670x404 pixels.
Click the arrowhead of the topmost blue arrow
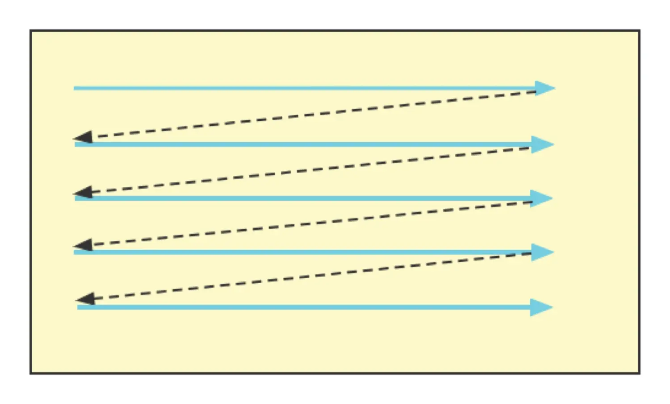(x=545, y=88)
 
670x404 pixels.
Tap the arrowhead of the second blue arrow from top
(x=543, y=144)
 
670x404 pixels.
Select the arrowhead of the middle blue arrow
(x=542, y=198)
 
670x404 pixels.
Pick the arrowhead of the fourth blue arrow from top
(x=543, y=252)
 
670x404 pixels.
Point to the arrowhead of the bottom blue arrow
(x=542, y=307)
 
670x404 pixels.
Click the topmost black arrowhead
(x=84, y=138)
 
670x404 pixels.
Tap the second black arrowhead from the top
(x=84, y=193)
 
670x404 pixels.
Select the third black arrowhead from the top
(x=84, y=245)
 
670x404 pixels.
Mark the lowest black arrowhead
(x=86, y=299)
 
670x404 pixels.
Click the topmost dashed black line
(x=313, y=114)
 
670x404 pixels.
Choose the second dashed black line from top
(x=313, y=170)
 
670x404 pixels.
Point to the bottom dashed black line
(x=313, y=276)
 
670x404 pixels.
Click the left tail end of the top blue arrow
(x=75, y=88)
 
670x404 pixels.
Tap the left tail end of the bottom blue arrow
(x=79, y=307)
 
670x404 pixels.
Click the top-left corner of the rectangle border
(x=31, y=31)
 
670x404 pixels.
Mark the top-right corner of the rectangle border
(x=639, y=31)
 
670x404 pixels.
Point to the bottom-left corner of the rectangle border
(x=31, y=373)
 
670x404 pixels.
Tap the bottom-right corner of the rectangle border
(x=639, y=373)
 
